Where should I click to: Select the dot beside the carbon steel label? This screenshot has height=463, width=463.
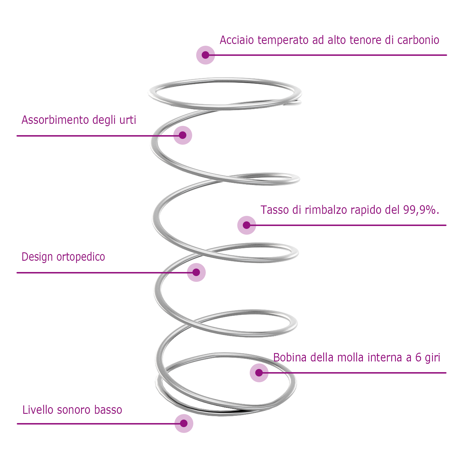(x=205, y=55)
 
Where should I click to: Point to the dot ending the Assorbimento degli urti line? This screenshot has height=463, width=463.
(x=183, y=135)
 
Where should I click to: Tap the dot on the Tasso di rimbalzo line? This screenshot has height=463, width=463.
(x=247, y=225)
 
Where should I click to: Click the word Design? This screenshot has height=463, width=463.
(x=38, y=257)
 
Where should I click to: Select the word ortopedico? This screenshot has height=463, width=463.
(x=81, y=257)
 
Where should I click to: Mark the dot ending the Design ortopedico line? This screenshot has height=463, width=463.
(x=196, y=272)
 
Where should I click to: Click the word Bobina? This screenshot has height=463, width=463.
(x=290, y=358)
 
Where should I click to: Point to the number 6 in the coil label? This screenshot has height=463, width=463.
(x=418, y=358)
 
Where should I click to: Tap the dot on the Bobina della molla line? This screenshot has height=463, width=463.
(x=259, y=373)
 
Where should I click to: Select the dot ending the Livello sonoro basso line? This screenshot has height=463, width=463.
(x=184, y=423)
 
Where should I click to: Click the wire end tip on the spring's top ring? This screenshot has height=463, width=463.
(x=300, y=102)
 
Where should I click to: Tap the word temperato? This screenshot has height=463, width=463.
(x=283, y=40)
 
